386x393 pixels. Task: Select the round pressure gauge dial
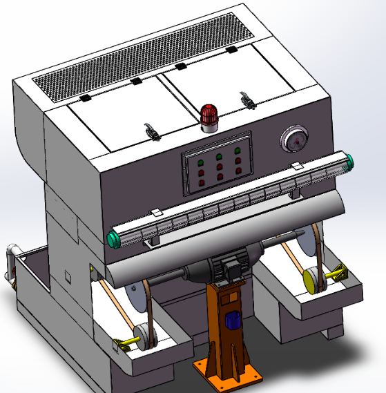point(294,140)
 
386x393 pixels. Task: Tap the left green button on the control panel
point(201,163)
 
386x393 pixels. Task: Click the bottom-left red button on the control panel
point(202,184)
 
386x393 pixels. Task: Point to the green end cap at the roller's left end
point(113,240)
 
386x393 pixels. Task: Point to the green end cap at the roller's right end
point(350,164)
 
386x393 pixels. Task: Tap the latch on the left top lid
point(150,130)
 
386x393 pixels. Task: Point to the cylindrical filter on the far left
point(11,262)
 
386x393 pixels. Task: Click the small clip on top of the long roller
point(296,166)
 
